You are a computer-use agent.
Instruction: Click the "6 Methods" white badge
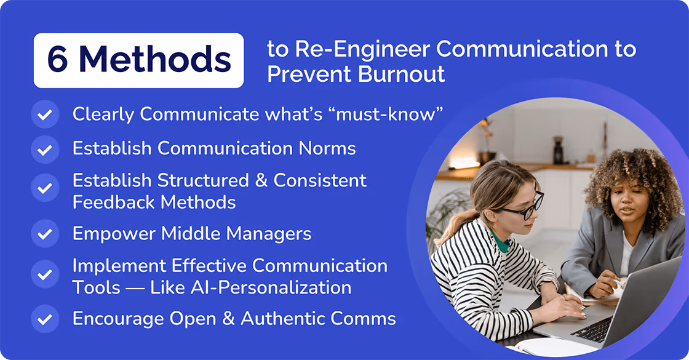[x=138, y=60]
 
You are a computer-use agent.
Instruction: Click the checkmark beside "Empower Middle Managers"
[x=44, y=234]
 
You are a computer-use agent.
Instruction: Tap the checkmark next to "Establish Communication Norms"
[x=44, y=149]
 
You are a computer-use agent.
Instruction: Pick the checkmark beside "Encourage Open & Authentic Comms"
[x=44, y=319]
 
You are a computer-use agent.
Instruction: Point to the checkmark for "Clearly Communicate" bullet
[x=44, y=114]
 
